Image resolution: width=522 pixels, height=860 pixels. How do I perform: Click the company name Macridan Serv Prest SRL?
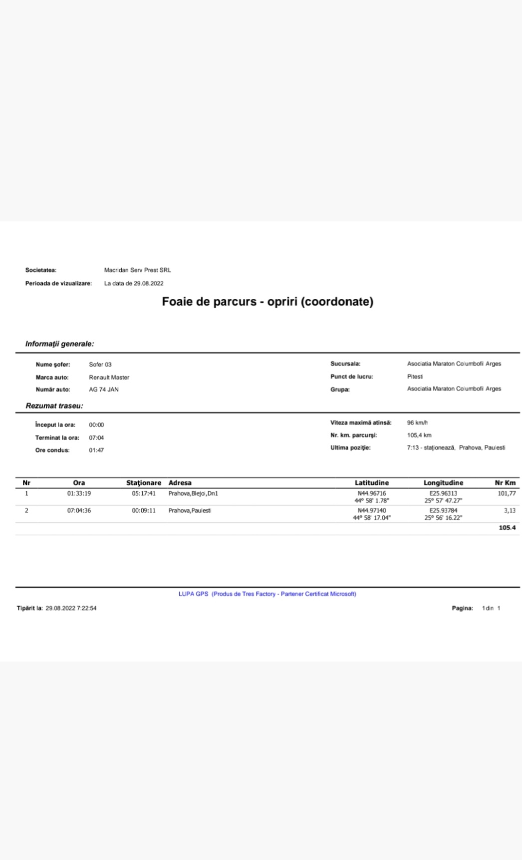pos(137,270)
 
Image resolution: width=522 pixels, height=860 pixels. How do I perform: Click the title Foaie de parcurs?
pos(267,302)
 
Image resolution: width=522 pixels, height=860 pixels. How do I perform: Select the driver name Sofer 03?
pos(100,365)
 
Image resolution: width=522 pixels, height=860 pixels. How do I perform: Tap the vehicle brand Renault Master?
pos(109,378)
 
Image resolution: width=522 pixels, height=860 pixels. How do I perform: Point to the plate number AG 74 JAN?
pos(104,390)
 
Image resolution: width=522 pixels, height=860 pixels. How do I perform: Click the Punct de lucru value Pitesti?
pos(415,377)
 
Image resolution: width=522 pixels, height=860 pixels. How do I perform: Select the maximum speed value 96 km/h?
pos(417,423)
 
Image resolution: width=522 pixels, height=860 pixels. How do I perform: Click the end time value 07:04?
pos(96,438)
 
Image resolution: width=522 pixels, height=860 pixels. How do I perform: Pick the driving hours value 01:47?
pos(96,450)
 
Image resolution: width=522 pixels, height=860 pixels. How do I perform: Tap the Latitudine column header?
pos(371,483)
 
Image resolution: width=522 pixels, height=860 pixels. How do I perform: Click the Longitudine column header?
pos(443,483)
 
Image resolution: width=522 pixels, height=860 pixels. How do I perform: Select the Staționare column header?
pos(144,483)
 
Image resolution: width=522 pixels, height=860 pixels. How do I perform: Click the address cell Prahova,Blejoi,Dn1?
pos(193,494)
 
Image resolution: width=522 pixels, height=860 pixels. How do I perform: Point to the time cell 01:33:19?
pos(79,494)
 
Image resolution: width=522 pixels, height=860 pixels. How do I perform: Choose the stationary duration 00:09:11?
pos(144,511)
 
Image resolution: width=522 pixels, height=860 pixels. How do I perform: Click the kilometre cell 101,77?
pos(507,494)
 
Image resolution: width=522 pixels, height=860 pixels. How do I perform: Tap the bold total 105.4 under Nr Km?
pos(507,528)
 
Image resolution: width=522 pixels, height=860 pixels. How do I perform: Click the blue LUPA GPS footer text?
pos(267,594)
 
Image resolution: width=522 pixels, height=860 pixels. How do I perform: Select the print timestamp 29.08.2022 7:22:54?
pos(71,609)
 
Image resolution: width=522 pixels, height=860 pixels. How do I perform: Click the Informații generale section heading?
pos(59,344)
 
